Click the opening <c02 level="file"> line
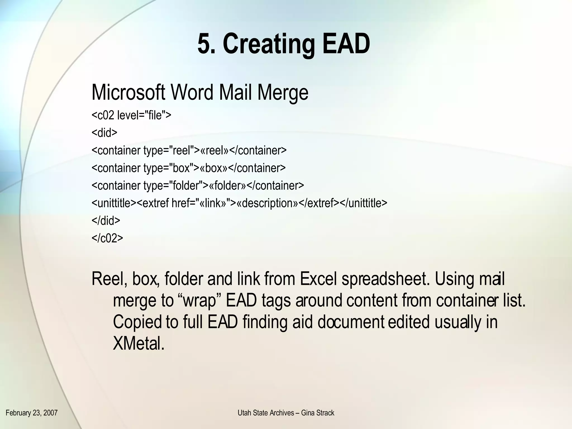pyautogui.click(x=131, y=115)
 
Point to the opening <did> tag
pyautogui.click(x=104, y=133)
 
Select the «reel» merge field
pyautogui.click(x=214, y=150)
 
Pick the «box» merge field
pyautogui.click(x=214, y=168)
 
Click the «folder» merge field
pyautogui.click(x=228, y=185)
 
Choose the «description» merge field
pyautogui.click(x=267, y=203)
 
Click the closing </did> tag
pyautogui.click(x=106, y=221)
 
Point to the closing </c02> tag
pyautogui.click(x=107, y=238)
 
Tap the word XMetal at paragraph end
pyautogui.click(x=139, y=343)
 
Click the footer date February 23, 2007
pyautogui.click(x=32, y=413)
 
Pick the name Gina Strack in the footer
pyautogui.click(x=318, y=413)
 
